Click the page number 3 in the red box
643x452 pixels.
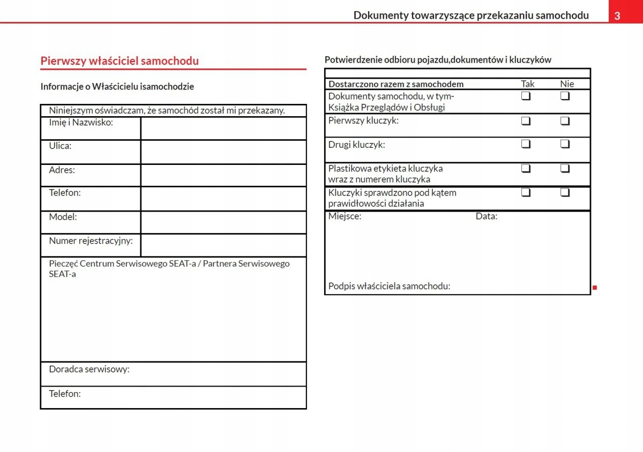point(617,16)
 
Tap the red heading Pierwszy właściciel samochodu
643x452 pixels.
point(119,61)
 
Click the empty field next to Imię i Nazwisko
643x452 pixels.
point(223,129)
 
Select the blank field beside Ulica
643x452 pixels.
point(223,152)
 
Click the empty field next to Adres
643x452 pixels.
point(223,175)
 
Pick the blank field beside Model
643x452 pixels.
point(223,222)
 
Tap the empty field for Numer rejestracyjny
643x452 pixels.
point(223,245)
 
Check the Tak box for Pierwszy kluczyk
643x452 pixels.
point(526,120)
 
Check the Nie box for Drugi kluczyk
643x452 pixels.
point(565,144)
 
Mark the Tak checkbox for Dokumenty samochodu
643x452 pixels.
point(526,96)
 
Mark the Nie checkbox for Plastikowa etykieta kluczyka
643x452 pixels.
point(565,168)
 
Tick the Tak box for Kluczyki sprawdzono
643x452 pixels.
point(526,192)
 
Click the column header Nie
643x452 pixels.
point(567,84)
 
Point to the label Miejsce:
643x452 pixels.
point(345,217)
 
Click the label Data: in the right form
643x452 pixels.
point(487,217)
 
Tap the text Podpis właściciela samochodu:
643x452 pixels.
point(389,287)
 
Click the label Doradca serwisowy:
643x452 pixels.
point(89,369)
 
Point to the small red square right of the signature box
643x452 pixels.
point(595,288)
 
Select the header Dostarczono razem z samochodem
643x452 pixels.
point(396,84)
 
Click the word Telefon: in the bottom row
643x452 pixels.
point(65,394)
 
